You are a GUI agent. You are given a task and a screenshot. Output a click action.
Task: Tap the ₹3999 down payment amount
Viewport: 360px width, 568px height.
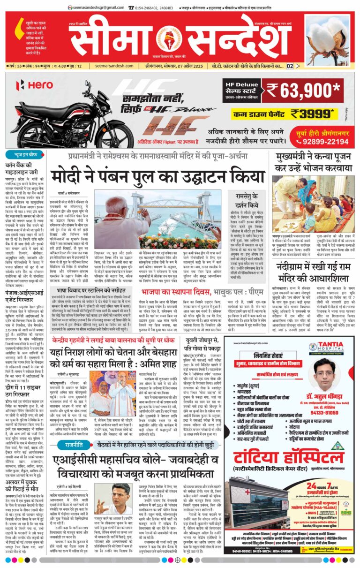(x=313, y=113)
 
